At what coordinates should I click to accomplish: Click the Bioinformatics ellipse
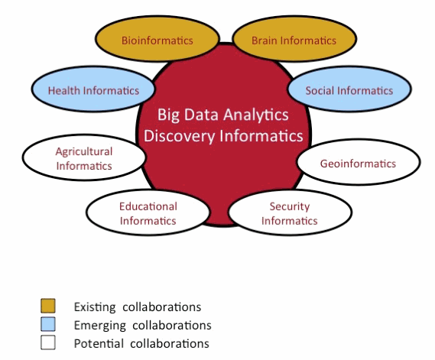[x=157, y=38]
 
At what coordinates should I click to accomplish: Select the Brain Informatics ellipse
[x=294, y=38]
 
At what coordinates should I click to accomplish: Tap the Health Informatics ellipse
[x=93, y=89]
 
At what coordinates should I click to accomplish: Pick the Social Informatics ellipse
[x=349, y=89]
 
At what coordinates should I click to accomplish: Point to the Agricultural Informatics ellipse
[x=84, y=157]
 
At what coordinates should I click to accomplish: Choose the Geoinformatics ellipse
[x=358, y=162]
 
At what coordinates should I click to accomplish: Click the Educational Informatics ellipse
[x=148, y=212]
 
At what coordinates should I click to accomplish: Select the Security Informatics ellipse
[x=290, y=212]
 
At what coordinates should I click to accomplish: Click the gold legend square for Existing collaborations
[x=48, y=306]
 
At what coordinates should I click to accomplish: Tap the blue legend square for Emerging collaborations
[x=48, y=324]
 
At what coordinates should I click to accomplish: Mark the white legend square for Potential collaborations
[x=48, y=342]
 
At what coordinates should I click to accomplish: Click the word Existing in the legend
[x=95, y=307]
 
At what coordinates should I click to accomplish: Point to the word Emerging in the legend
[x=99, y=326]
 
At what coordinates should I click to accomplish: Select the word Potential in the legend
[x=99, y=343]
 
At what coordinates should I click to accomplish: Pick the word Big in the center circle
[x=168, y=115]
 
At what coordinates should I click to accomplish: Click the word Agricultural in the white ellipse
[x=84, y=151]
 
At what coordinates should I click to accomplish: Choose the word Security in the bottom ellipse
[x=290, y=206]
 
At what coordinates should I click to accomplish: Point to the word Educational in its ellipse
[x=148, y=206]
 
